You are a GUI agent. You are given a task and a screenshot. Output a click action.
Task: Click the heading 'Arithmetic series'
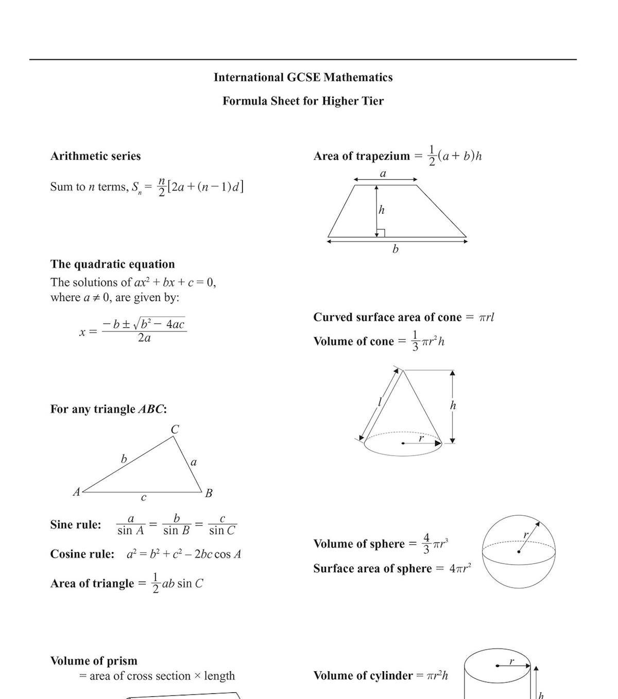click(95, 156)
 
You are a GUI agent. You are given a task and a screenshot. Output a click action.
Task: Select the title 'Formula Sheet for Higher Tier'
click(303, 101)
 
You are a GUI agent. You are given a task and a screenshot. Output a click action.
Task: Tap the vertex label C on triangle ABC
click(175, 429)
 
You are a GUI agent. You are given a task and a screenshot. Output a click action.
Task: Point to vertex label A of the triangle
click(76, 492)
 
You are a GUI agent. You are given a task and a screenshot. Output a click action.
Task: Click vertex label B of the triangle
click(209, 493)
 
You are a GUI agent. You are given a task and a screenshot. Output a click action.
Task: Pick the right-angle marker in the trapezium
click(381, 233)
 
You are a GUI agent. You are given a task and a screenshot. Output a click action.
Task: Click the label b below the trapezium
click(396, 249)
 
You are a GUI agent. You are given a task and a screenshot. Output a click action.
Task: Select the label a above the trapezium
click(383, 174)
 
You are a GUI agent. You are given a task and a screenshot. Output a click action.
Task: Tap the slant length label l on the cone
click(380, 401)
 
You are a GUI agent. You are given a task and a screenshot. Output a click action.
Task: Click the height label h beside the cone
click(453, 406)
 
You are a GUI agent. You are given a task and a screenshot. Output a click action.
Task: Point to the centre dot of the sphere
click(519, 552)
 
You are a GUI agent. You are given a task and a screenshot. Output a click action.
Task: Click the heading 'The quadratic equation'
click(112, 264)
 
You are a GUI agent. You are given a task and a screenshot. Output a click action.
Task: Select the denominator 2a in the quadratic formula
click(144, 338)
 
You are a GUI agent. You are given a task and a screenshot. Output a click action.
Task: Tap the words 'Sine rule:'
click(76, 525)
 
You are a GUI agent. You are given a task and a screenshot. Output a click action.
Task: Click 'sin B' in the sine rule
click(176, 531)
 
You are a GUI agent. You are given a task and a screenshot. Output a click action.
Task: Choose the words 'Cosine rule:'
click(82, 554)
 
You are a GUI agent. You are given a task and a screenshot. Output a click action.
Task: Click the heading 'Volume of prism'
click(94, 661)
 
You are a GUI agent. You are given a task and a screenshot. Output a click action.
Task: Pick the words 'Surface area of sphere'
click(372, 568)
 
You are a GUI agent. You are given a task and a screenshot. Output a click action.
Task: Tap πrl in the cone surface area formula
click(486, 317)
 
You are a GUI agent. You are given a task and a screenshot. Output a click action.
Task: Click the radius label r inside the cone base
click(421, 438)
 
